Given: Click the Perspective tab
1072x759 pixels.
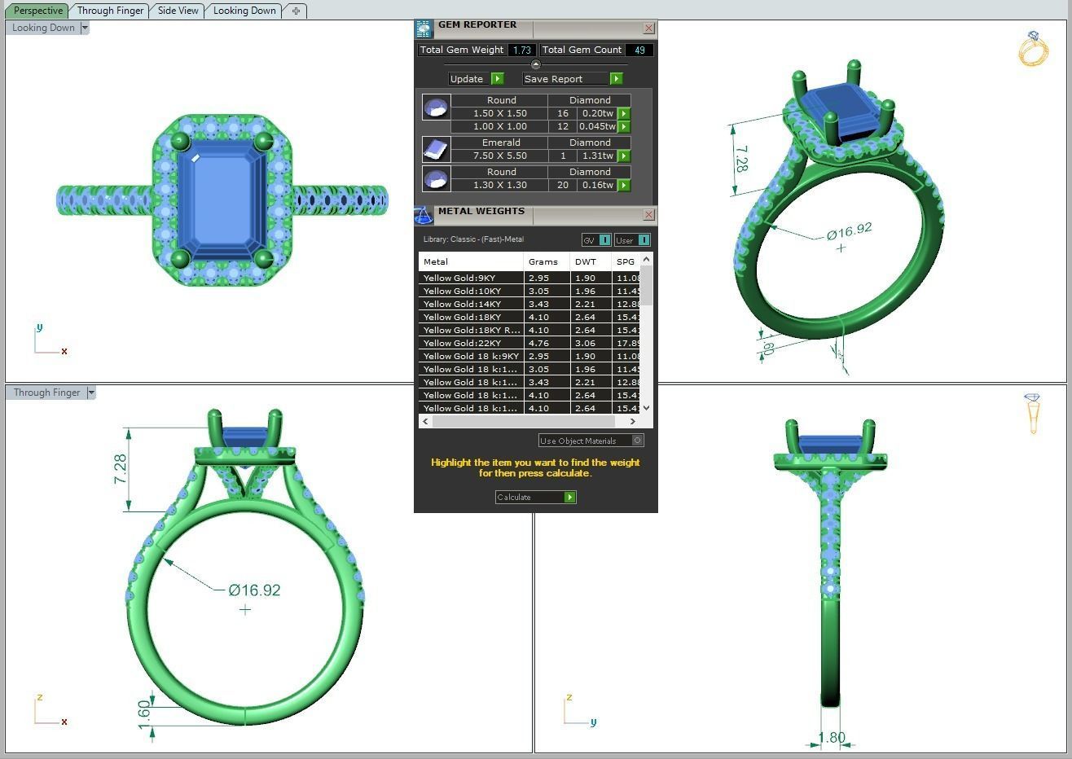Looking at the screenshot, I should click(38, 11).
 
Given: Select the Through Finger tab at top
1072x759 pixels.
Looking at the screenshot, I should click(110, 11).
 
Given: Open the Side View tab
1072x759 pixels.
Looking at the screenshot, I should click(178, 11).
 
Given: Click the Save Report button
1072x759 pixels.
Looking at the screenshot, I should click(573, 79).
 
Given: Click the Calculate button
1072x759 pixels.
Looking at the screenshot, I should click(535, 497).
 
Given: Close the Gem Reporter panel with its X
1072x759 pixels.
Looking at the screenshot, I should click(648, 29).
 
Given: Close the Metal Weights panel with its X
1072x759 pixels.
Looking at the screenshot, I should click(648, 215).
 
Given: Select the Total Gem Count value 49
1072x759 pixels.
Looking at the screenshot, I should click(639, 50).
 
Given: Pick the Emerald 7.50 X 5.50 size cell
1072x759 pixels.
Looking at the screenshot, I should click(499, 156).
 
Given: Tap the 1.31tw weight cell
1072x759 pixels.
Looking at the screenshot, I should click(598, 156).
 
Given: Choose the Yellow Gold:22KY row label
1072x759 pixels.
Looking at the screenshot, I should click(462, 343).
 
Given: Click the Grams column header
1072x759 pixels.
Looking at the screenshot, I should click(543, 261).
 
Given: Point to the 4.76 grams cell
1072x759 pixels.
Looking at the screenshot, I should click(538, 343).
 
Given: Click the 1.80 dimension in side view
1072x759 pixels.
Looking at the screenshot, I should click(832, 738).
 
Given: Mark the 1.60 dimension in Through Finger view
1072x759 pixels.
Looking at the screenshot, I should click(144, 710).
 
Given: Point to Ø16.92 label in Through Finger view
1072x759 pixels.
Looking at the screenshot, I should click(254, 590).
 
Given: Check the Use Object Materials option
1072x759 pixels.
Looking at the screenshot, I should click(637, 441).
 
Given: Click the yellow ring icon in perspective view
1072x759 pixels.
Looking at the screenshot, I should click(1033, 49).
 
